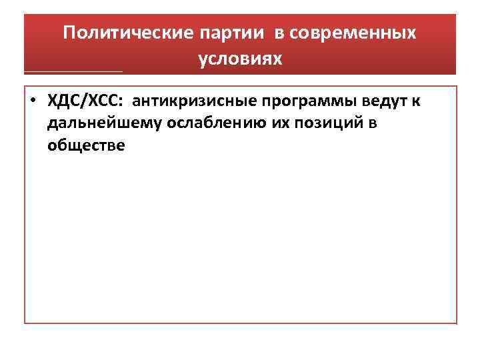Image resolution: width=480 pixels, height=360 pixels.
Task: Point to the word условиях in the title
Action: click(240, 59)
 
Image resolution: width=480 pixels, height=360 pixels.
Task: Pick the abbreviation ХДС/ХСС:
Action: click(86, 101)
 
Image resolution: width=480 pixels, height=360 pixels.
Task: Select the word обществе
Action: click(86, 145)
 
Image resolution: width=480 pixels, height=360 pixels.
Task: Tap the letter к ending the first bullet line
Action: click(415, 101)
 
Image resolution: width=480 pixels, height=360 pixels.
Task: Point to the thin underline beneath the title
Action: click(73, 71)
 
